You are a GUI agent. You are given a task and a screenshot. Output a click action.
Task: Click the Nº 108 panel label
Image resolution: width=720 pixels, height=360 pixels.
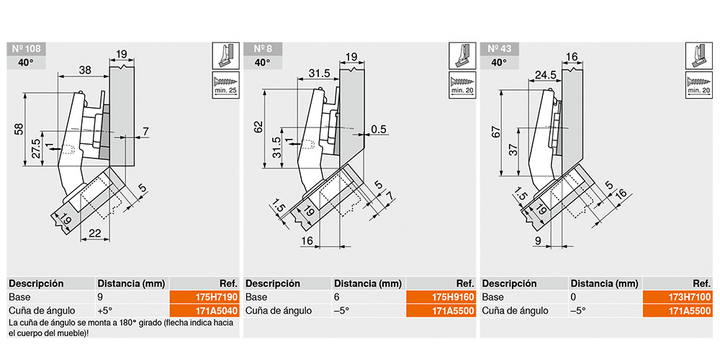26,49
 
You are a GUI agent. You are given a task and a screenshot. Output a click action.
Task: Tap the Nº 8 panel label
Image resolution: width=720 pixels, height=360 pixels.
263,49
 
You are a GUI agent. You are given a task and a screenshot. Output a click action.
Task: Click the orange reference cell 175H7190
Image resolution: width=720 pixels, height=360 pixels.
204,297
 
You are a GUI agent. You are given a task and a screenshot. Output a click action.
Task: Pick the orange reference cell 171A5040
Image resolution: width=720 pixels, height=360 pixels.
204,310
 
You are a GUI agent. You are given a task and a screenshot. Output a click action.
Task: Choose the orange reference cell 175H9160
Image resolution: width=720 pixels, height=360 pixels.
441,297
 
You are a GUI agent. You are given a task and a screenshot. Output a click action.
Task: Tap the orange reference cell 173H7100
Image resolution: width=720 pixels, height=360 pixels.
678,297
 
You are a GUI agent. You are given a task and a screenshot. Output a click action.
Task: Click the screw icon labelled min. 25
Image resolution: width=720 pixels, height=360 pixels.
225,85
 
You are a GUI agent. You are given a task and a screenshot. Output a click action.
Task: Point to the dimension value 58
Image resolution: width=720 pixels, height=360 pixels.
17,130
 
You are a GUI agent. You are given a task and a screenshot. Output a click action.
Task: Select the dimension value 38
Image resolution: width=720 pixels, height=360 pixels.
85,70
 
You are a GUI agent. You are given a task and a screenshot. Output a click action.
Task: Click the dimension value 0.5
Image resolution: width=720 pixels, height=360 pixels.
379,130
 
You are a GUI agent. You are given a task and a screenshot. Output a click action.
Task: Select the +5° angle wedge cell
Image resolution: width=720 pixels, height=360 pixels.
104,310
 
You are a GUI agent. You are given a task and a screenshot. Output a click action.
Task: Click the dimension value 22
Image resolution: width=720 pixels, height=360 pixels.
95,233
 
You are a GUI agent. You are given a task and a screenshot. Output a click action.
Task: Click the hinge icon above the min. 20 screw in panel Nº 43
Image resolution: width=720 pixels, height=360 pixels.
698,55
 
